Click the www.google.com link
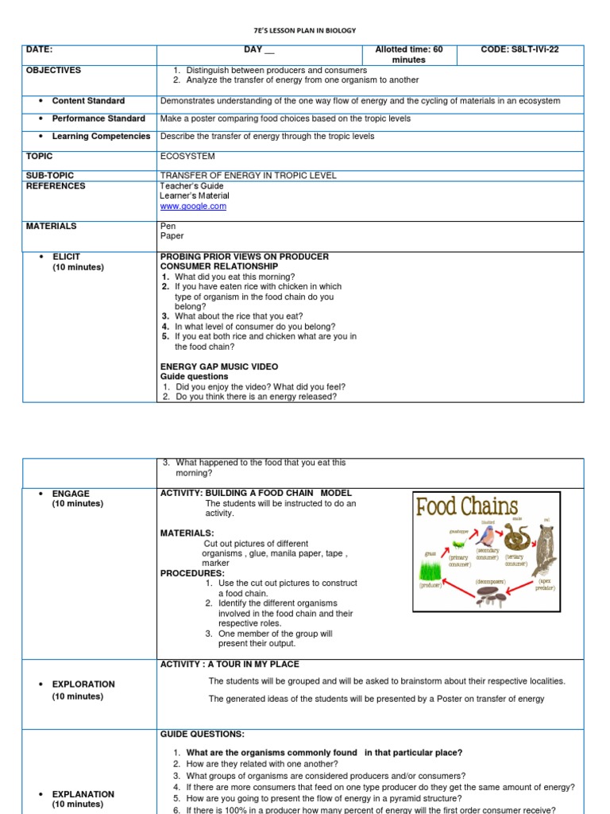click(x=193, y=206)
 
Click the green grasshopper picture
click(x=458, y=544)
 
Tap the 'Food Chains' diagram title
click(x=467, y=506)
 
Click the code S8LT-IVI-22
click(x=519, y=49)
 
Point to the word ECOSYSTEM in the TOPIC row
click(x=187, y=157)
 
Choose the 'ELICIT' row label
click(x=67, y=257)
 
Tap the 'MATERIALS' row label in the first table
click(x=52, y=226)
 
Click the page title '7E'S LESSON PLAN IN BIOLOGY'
click(x=304, y=30)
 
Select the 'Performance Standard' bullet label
click(x=98, y=118)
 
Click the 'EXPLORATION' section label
click(x=83, y=684)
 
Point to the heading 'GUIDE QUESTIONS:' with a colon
click(x=203, y=735)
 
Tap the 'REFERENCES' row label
click(x=56, y=186)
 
